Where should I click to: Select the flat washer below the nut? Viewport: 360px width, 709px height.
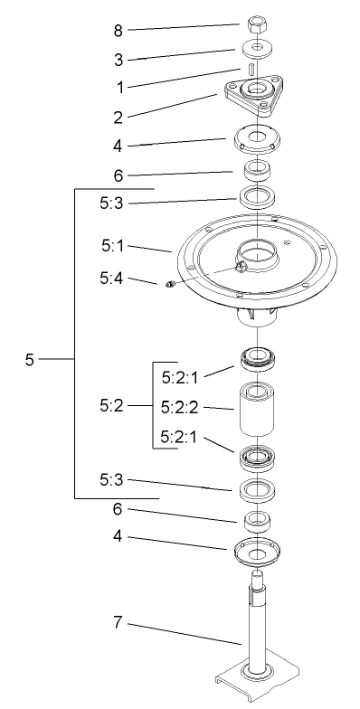point(258,46)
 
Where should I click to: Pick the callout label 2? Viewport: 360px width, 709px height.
point(118,116)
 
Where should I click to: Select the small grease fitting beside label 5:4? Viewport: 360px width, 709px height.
point(169,288)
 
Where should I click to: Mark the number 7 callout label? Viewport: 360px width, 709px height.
point(118,624)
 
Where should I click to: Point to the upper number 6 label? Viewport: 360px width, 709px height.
point(118,174)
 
